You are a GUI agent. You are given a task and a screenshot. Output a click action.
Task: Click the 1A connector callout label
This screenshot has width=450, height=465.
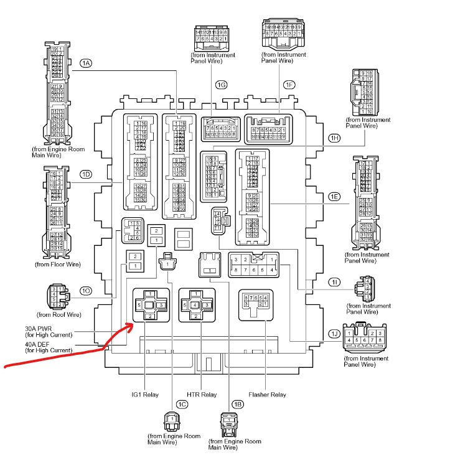click(x=87, y=63)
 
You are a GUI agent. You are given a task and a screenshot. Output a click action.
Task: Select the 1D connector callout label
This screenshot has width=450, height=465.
click(x=87, y=174)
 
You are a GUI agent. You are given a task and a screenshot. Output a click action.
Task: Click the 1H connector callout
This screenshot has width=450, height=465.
click(x=334, y=138)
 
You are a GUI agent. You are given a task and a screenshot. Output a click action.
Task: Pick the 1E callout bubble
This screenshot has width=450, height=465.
click(x=334, y=197)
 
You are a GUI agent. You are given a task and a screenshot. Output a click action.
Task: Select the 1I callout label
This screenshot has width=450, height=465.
click(x=335, y=283)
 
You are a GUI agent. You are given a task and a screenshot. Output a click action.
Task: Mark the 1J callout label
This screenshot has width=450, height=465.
click(x=335, y=334)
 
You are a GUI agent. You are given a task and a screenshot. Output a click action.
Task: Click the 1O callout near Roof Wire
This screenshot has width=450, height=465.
click(x=87, y=290)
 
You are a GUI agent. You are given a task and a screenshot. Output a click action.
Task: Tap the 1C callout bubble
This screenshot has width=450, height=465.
click(x=182, y=405)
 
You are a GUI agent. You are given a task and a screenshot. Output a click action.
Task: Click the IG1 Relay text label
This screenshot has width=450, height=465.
click(x=144, y=395)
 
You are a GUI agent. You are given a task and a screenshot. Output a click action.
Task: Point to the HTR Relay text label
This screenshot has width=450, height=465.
click(x=202, y=395)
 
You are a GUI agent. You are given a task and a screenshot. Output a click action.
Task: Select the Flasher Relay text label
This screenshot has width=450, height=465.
click(x=267, y=395)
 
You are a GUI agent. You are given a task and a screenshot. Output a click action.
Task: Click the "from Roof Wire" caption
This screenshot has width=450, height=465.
click(x=59, y=314)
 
